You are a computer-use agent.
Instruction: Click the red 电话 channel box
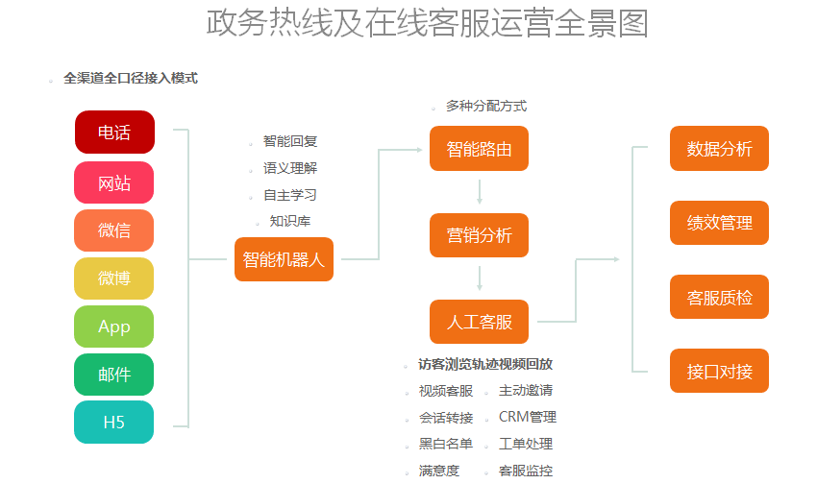[114, 133]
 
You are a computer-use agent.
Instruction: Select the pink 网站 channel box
[114, 182]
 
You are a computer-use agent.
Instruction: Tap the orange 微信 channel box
[114, 230]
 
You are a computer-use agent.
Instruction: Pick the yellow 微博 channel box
[114, 278]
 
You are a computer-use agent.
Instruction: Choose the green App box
[114, 327]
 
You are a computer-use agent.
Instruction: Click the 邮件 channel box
[114, 375]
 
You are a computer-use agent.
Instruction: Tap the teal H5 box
[114, 423]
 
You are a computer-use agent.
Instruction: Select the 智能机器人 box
[284, 259]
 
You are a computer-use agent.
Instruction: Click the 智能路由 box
[479, 149]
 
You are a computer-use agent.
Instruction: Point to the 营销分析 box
[479, 235]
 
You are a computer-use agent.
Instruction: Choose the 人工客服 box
[479, 322]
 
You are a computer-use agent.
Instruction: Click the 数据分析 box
[719, 149]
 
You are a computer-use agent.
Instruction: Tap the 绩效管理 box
[719, 223]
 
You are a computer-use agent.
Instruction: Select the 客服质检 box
[719, 297]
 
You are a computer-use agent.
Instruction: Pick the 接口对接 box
[719, 371]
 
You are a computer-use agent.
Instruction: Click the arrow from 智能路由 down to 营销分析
[479, 192]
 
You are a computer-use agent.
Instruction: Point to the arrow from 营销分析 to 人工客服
[479, 278]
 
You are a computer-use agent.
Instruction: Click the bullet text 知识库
[290, 222]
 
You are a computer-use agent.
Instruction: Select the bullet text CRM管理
[527, 417]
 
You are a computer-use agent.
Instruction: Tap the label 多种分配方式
[486, 107]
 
